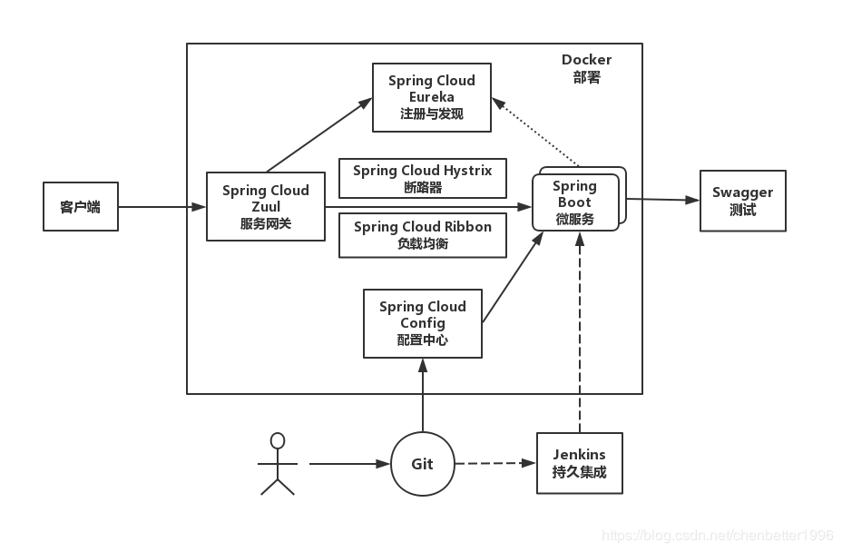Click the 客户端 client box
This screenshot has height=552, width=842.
pyautogui.click(x=81, y=207)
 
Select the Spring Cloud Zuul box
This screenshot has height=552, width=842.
pyautogui.click(x=266, y=207)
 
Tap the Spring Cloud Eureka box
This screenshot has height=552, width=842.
pyautogui.click(x=432, y=97)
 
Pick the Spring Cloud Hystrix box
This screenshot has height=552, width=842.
pyautogui.click(x=423, y=179)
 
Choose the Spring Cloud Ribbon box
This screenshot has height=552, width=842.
pyautogui.click(x=423, y=235)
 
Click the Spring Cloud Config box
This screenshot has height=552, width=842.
pyautogui.click(x=423, y=323)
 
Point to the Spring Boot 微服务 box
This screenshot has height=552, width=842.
pyautogui.click(x=574, y=202)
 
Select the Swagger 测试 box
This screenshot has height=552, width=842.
pyautogui.click(x=742, y=201)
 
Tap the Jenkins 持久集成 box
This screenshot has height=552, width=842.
pyautogui.click(x=579, y=463)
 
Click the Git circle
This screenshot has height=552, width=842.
pyautogui.click(x=423, y=464)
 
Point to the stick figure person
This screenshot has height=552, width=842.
pyautogui.click(x=278, y=463)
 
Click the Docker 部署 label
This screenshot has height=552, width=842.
pyautogui.click(x=586, y=68)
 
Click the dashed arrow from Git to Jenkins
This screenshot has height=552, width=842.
pyautogui.click(x=495, y=463)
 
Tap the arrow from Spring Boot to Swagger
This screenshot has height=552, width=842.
pyautogui.click(x=661, y=199)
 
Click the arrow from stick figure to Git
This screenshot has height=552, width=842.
pyautogui.click(x=348, y=464)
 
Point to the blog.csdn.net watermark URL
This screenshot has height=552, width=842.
pyautogui.click(x=717, y=536)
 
